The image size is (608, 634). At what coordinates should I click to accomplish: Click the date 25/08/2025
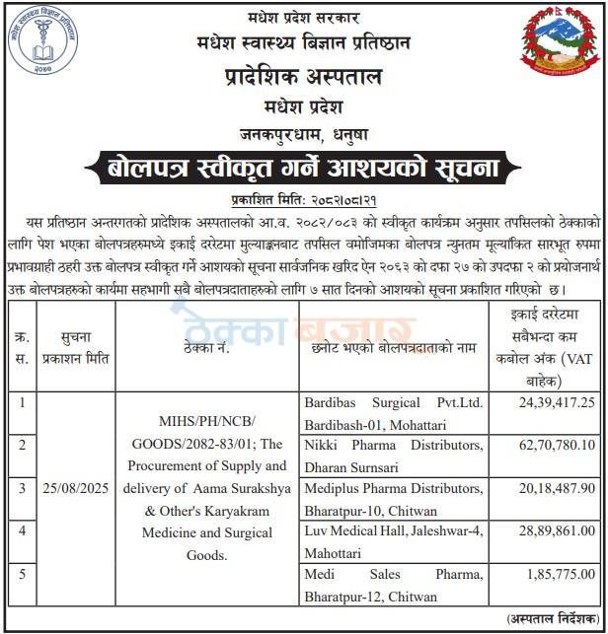coord(76,488)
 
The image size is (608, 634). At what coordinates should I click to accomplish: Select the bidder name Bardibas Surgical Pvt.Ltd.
coord(392,402)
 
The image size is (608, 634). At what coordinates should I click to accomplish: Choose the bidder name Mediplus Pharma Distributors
coord(392,487)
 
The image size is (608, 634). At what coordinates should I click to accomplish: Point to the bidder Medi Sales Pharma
coord(392,573)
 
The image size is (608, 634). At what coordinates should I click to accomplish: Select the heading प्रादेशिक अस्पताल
coord(304,78)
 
